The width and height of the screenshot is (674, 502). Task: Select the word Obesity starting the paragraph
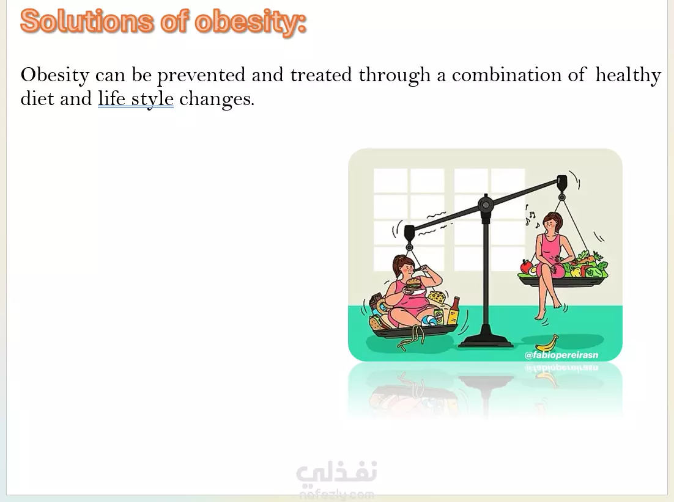(54, 76)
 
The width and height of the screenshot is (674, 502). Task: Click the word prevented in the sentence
(201, 76)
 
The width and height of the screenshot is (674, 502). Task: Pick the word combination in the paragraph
(507, 75)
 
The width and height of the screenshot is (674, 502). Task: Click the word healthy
(628, 76)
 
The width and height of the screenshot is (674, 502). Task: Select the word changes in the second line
(217, 100)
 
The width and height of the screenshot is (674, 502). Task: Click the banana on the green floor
(547, 343)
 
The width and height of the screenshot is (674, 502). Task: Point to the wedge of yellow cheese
(437, 296)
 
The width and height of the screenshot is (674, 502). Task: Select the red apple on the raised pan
(526, 266)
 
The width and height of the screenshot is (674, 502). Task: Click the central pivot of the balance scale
(486, 205)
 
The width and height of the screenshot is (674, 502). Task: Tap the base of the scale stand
(485, 340)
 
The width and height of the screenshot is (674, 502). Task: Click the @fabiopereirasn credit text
(561, 355)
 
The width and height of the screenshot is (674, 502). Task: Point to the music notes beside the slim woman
(531, 217)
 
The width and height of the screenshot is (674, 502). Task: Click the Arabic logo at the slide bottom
(337, 474)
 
